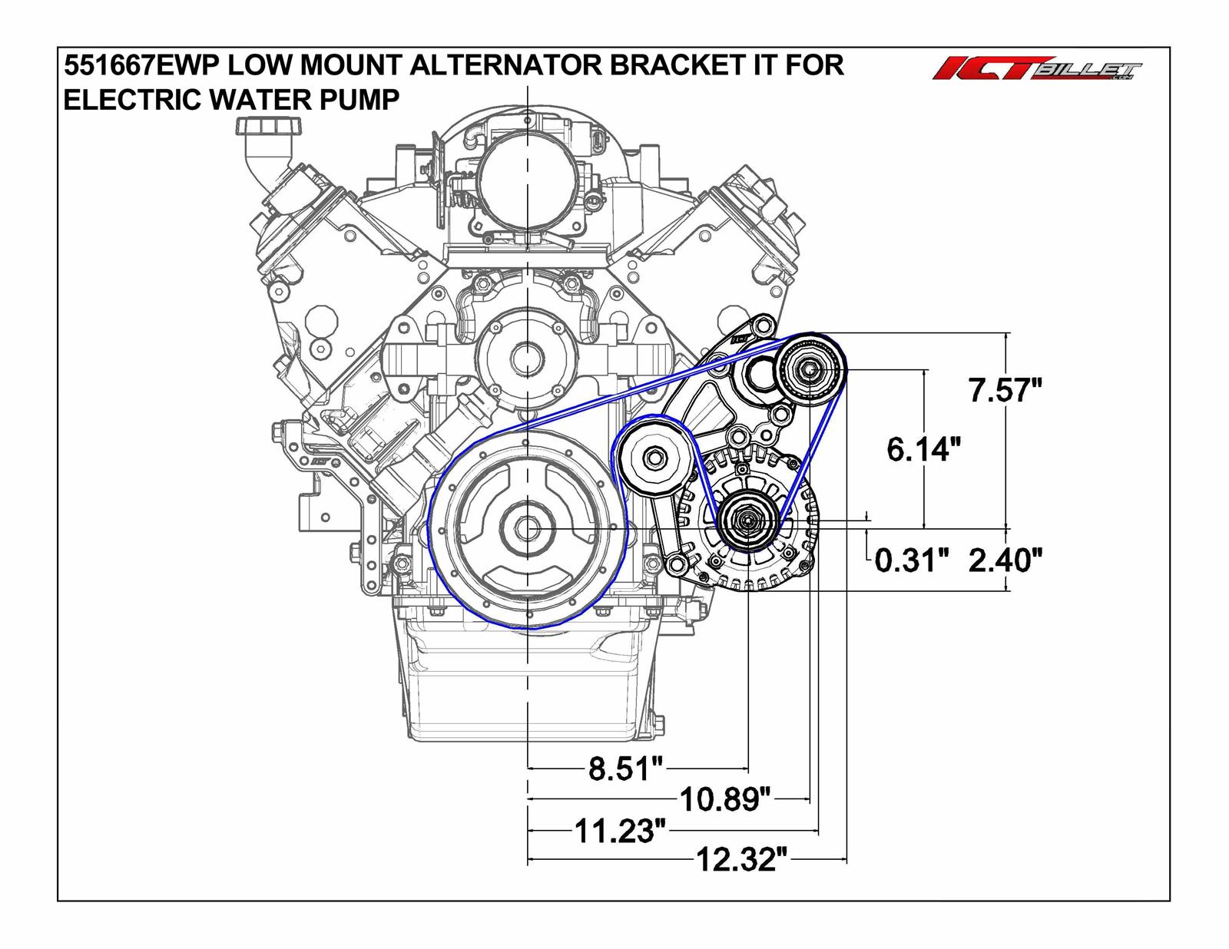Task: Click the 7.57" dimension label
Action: click(x=1004, y=391)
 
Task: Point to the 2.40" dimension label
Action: click(x=1004, y=560)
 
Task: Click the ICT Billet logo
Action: click(x=1036, y=71)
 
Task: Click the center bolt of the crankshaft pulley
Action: click(x=527, y=529)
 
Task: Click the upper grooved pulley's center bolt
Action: click(x=810, y=370)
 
